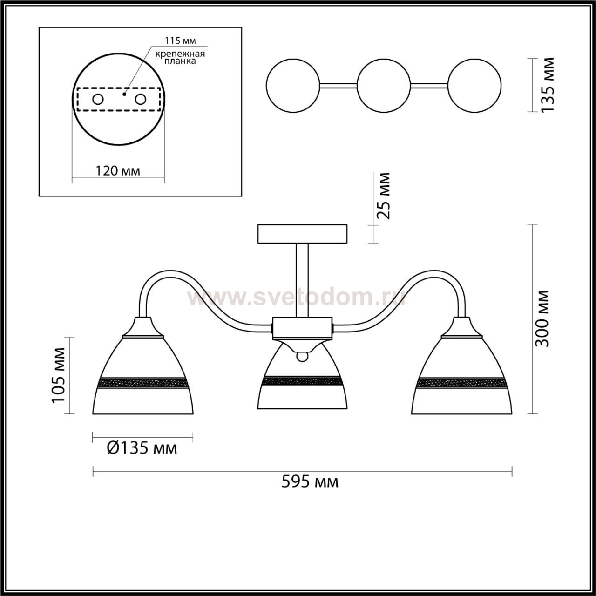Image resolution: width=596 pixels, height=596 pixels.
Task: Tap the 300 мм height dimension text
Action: tap(542, 319)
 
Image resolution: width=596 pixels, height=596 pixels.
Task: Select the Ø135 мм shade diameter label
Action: tap(142, 448)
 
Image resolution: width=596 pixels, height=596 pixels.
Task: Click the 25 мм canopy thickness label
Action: tap(384, 196)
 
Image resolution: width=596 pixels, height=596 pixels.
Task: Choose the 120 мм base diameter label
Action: tap(118, 170)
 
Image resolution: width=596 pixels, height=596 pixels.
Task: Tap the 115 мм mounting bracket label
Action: tap(180, 41)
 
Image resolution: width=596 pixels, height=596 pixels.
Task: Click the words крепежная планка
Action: tap(180, 58)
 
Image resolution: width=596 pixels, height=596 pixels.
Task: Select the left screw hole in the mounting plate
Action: tap(98, 100)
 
